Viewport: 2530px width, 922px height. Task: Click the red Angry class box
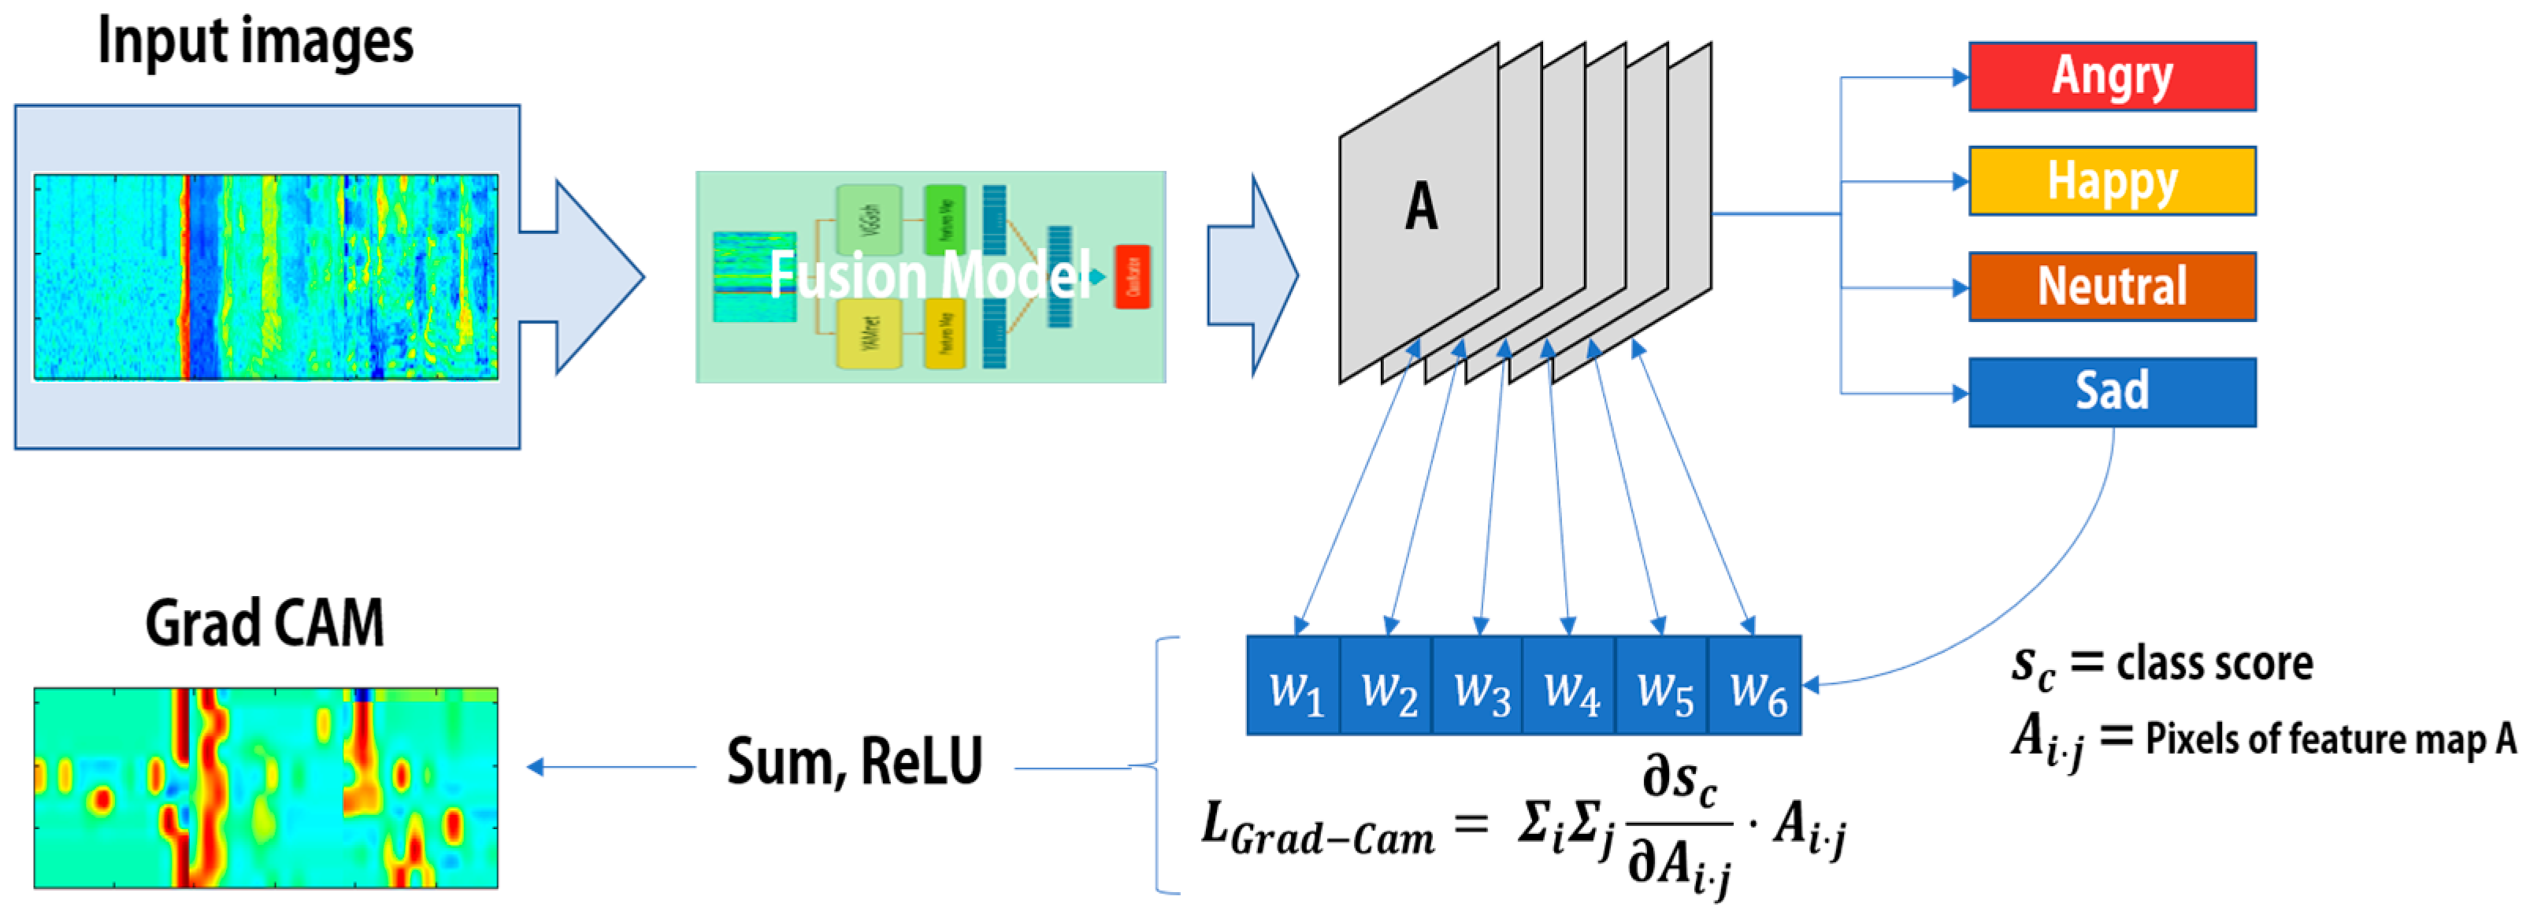[x=2112, y=76]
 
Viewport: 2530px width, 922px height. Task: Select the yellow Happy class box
[x=2112, y=180]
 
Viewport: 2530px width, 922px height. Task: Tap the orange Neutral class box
[x=2112, y=287]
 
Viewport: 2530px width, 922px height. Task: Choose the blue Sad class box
[x=2112, y=392]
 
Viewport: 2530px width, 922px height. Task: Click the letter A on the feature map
[x=1421, y=208]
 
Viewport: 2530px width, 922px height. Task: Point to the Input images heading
[x=255, y=41]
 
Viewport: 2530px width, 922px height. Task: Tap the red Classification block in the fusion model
[x=1133, y=276]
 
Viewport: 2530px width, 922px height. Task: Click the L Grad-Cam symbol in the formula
[x=1316, y=831]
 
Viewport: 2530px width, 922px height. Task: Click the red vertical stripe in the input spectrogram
[x=184, y=277]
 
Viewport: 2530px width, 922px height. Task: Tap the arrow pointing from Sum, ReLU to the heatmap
[x=609, y=767]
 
